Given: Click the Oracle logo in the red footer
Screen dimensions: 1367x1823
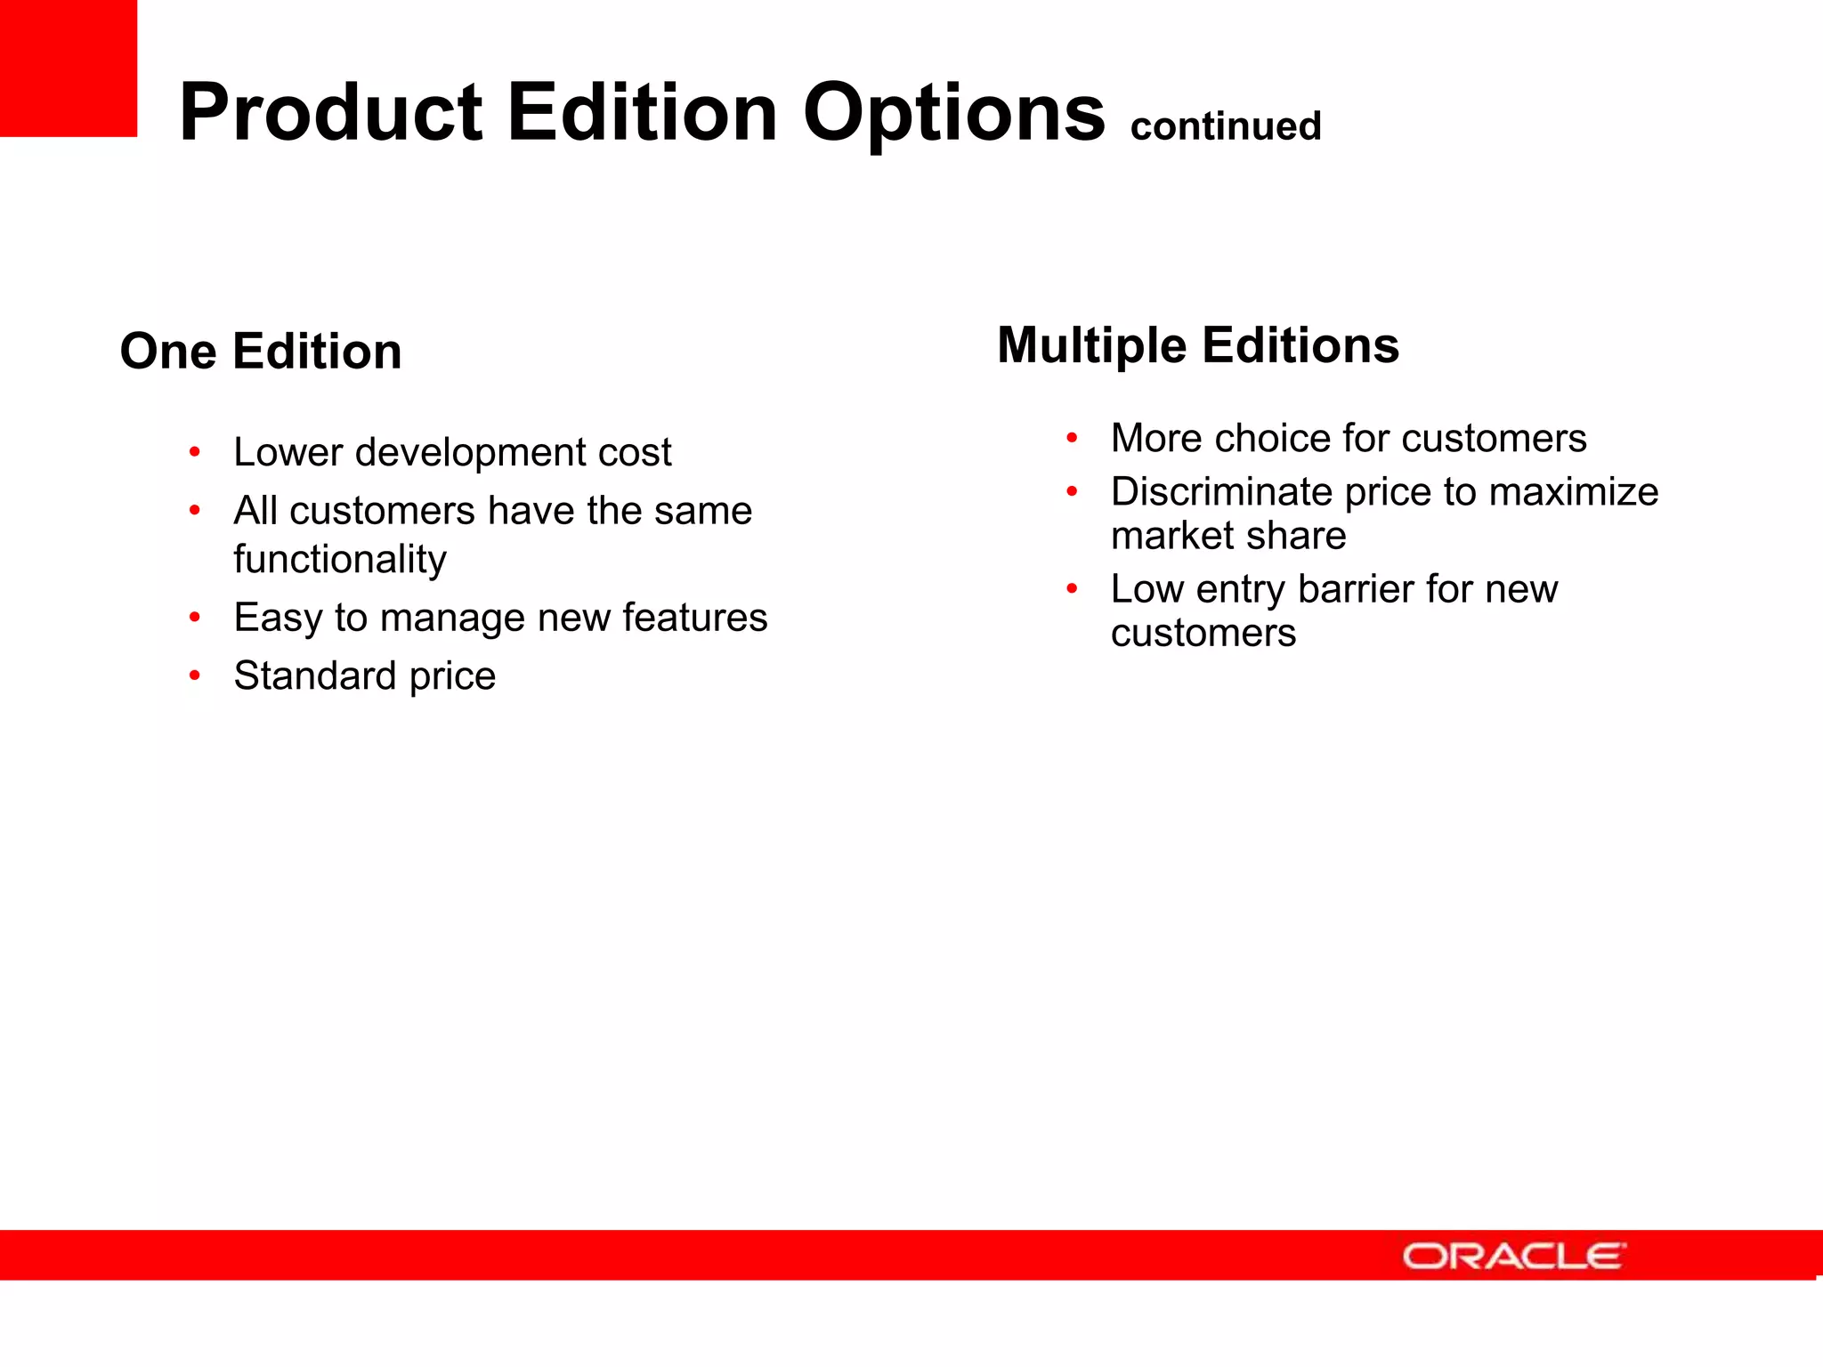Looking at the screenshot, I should [1513, 1256].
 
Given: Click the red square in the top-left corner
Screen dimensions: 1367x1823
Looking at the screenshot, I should [68, 68].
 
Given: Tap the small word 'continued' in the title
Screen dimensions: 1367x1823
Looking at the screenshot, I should [1226, 126].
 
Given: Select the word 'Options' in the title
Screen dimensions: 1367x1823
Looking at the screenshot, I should [953, 114].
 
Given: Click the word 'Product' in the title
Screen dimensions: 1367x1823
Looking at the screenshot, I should [330, 113].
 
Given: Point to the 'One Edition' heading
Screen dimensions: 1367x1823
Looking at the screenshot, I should [261, 351].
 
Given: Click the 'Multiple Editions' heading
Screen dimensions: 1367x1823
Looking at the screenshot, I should [1197, 345].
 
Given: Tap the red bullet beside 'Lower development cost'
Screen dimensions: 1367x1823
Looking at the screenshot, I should [194, 452].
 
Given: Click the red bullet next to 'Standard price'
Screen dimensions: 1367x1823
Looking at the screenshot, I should [194, 675].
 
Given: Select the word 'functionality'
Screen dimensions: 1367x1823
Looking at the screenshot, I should [340, 560].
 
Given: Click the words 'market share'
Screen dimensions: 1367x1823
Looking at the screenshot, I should [1228, 536].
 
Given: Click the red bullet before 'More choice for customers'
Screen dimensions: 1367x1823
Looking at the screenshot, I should [1072, 438].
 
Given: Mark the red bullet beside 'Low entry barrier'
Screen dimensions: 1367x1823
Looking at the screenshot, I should [1072, 588].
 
